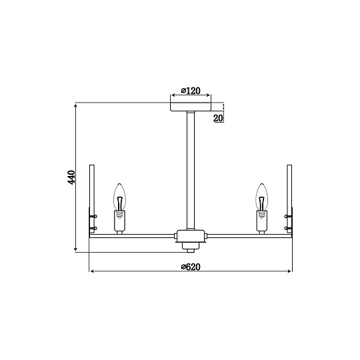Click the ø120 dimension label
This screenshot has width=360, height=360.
[191, 91]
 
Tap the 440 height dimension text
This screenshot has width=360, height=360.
[71, 177]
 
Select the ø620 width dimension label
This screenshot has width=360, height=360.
[191, 267]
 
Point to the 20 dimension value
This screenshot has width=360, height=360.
[218, 118]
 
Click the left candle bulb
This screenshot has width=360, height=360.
[119, 197]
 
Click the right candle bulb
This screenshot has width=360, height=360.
[261, 197]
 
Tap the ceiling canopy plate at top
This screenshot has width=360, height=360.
[191, 107]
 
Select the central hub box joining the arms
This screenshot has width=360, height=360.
[191, 236]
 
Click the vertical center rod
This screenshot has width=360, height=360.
[191, 171]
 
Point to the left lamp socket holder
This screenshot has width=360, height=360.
[119, 221]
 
